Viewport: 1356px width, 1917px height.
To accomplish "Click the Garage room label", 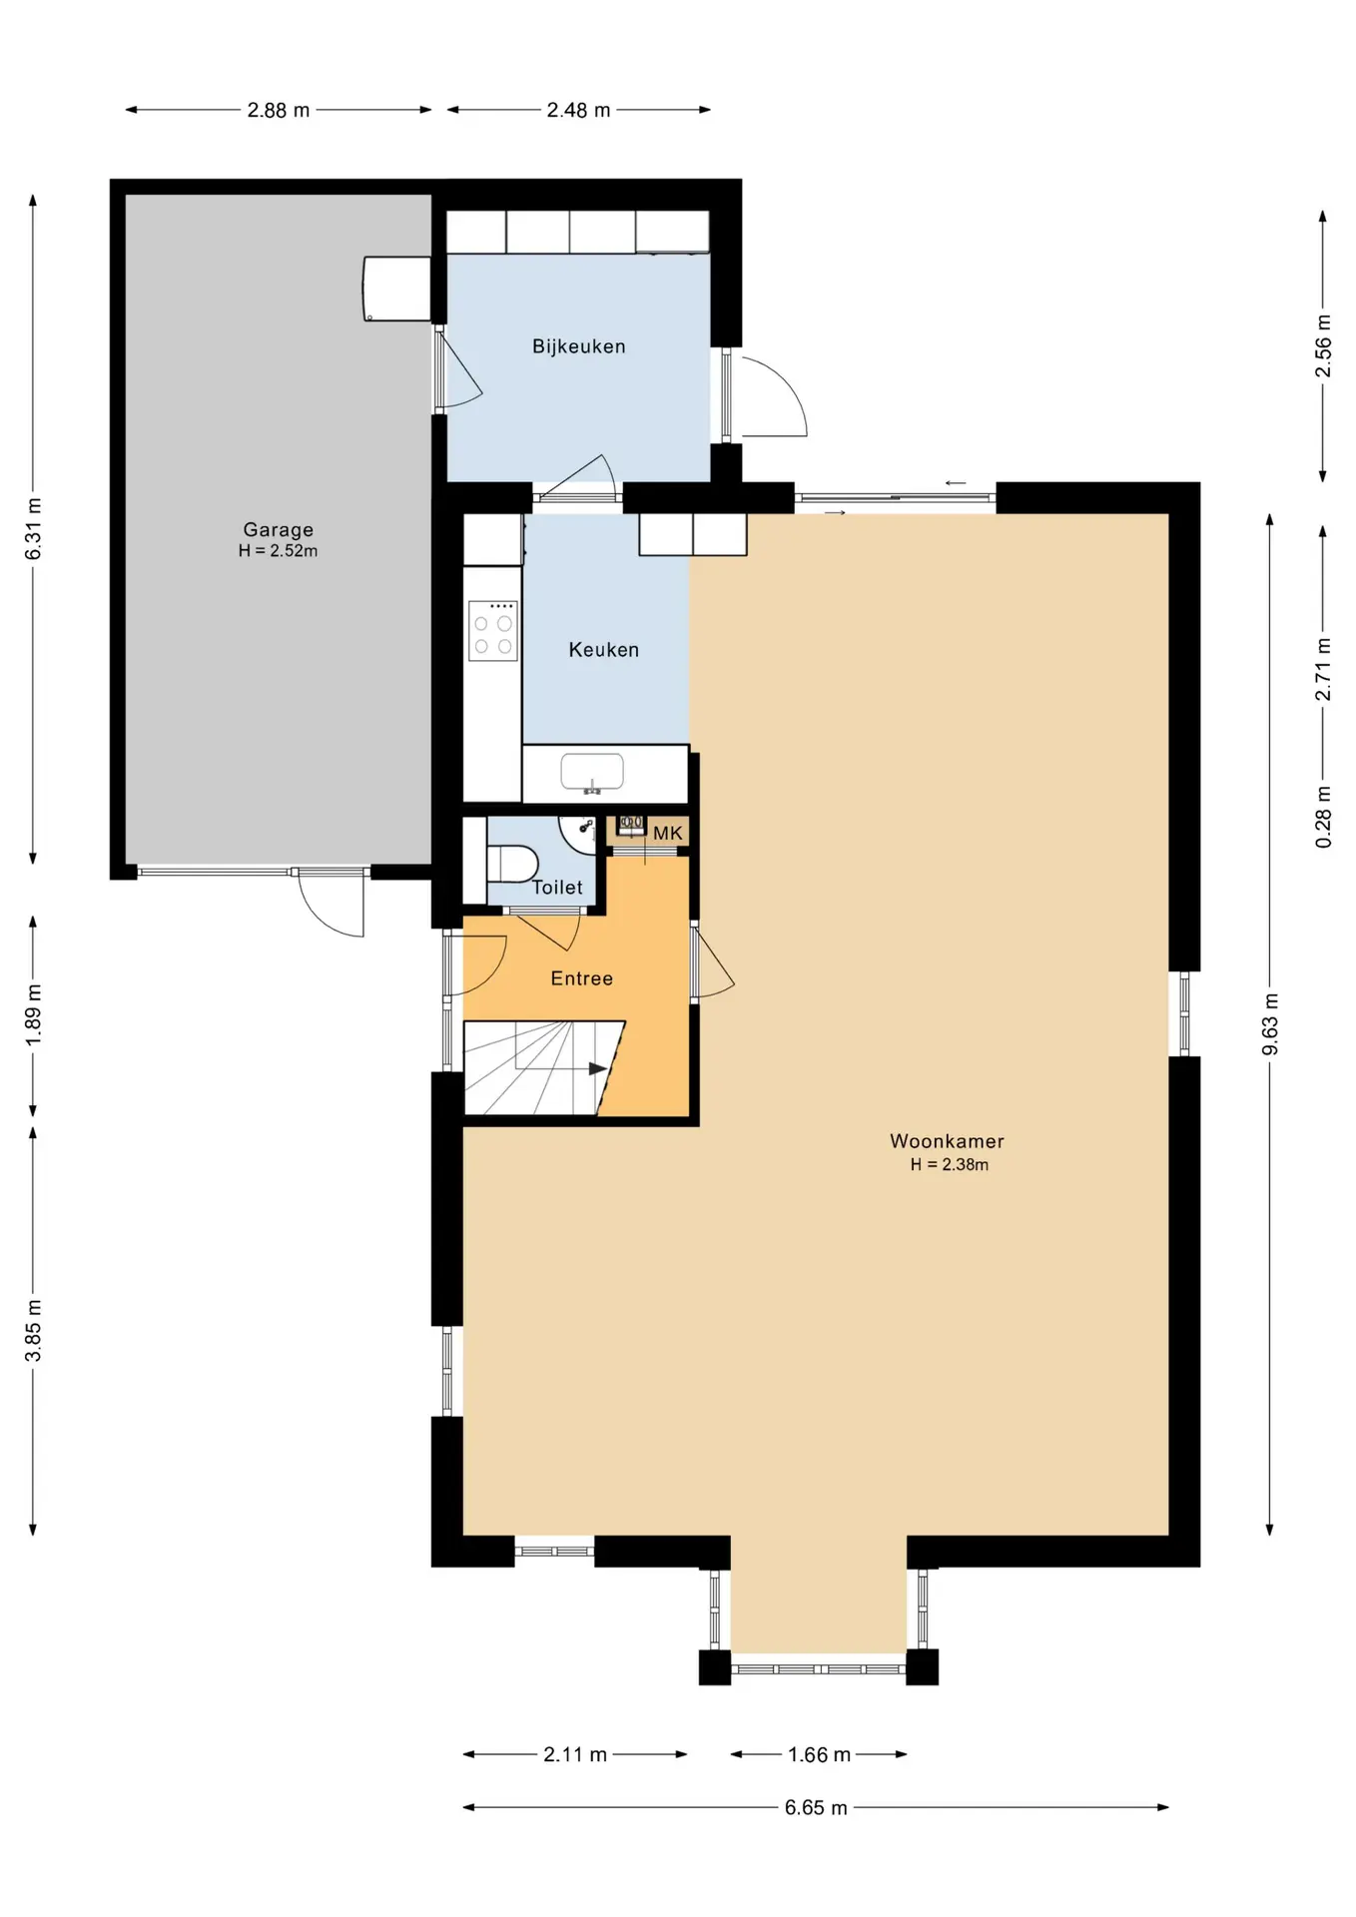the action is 279,530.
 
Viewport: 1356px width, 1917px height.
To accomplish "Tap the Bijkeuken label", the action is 579,346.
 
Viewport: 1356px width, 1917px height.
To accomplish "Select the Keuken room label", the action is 604,650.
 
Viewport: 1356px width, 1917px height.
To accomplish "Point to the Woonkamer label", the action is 948,1141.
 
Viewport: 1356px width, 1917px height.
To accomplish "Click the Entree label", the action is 582,978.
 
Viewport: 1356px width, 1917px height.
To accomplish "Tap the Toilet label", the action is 557,888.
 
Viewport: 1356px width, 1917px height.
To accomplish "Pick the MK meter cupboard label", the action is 668,833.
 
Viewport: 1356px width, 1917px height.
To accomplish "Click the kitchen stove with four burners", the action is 493,631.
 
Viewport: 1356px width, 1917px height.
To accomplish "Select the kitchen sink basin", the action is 592,772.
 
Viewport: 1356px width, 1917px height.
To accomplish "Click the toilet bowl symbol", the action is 512,864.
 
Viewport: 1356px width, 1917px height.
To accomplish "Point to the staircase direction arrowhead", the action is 598,1069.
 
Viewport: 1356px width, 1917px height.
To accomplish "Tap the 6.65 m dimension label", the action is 816,1808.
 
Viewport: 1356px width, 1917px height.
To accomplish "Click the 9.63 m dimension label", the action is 1270,1024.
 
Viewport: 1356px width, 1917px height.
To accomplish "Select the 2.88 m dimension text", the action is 279,111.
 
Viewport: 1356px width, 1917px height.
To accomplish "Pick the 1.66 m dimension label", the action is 819,1755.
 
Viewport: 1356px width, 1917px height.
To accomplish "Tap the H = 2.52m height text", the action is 279,551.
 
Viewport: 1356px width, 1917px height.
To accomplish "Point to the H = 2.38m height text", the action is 950,1165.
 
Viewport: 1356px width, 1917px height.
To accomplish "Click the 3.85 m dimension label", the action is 33,1331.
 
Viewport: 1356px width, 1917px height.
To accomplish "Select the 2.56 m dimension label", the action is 1323,346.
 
